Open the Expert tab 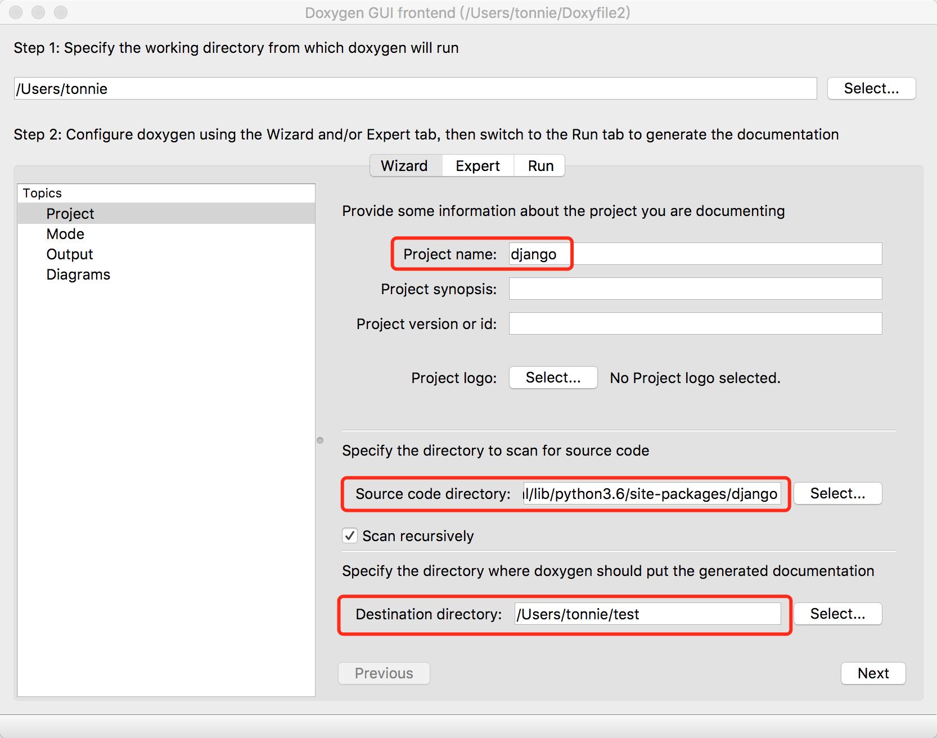[x=477, y=166]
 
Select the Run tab [x=540, y=166]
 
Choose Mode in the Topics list [x=65, y=234]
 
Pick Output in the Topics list [x=70, y=254]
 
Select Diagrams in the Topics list [x=78, y=274]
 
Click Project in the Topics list [x=70, y=214]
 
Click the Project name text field [x=695, y=254]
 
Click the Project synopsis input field [x=695, y=289]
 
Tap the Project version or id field [x=695, y=323]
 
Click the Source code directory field [x=652, y=493]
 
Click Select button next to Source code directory [x=838, y=493]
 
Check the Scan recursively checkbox [x=350, y=535]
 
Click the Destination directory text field [x=647, y=614]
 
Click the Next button [x=873, y=673]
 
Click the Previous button [x=384, y=673]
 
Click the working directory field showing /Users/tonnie [x=415, y=88]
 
